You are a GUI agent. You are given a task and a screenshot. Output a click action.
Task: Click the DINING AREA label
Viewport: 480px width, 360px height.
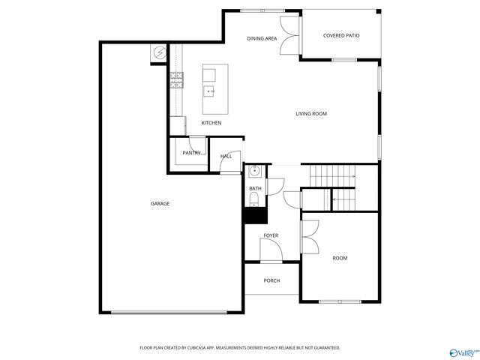(x=262, y=38)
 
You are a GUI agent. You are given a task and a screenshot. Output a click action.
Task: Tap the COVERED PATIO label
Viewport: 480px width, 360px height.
(x=340, y=35)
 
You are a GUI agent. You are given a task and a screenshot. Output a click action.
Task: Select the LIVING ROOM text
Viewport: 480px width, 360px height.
(x=310, y=114)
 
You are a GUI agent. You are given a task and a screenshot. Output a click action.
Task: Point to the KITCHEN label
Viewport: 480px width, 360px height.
(x=211, y=123)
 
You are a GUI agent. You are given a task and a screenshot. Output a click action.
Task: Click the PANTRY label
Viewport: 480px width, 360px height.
(x=191, y=153)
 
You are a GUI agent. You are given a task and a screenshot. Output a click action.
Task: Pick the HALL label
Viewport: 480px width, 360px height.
(x=226, y=157)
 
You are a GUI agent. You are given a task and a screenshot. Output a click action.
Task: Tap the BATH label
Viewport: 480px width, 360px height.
(x=255, y=189)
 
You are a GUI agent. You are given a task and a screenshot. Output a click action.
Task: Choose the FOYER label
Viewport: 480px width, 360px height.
(x=271, y=235)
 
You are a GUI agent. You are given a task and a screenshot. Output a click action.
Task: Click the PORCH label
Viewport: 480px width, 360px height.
(x=271, y=280)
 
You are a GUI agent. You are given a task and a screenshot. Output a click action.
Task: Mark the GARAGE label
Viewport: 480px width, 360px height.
(x=160, y=204)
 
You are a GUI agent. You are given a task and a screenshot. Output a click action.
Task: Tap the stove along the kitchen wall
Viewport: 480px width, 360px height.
(x=178, y=80)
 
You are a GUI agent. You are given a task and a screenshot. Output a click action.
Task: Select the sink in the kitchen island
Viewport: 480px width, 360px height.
(x=211, y=91)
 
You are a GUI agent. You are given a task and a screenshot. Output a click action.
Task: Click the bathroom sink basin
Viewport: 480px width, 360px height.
(x=254, y=172)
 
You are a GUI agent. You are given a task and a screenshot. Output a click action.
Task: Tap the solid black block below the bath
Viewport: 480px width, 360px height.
(x=254, y=215)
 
